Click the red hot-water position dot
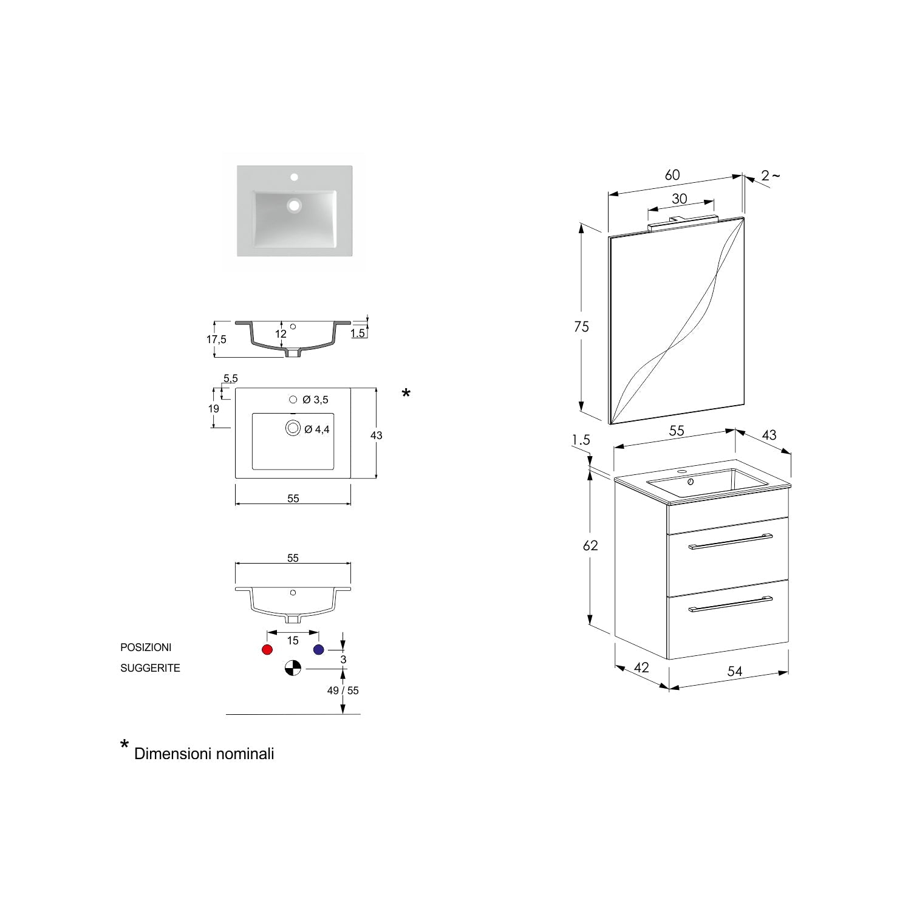click(x=267, y=650)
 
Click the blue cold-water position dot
click(x=319, y=650)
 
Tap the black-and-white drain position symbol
click(x=293, y=668)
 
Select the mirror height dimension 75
click(x=581, y=327)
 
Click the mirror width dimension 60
click(x=672, y=175)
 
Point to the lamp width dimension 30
click(x=680, y=199)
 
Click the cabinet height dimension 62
click(x=590, y=545)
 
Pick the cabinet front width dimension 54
click(x=735, y=671)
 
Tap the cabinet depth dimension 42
click(x=641, y=667)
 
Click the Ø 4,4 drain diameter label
click(x=316, y=429)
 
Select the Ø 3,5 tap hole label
click(x=315, y=400)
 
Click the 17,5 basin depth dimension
click(x=216, y=339)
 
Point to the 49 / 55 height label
click(x=343, y=691)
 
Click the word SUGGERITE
click(x=150, y=668)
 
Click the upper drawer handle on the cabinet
click(x=730, y=542)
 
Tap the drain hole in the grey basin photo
click(x=295, y=206)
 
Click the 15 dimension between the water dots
click(x=293, y=641)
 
